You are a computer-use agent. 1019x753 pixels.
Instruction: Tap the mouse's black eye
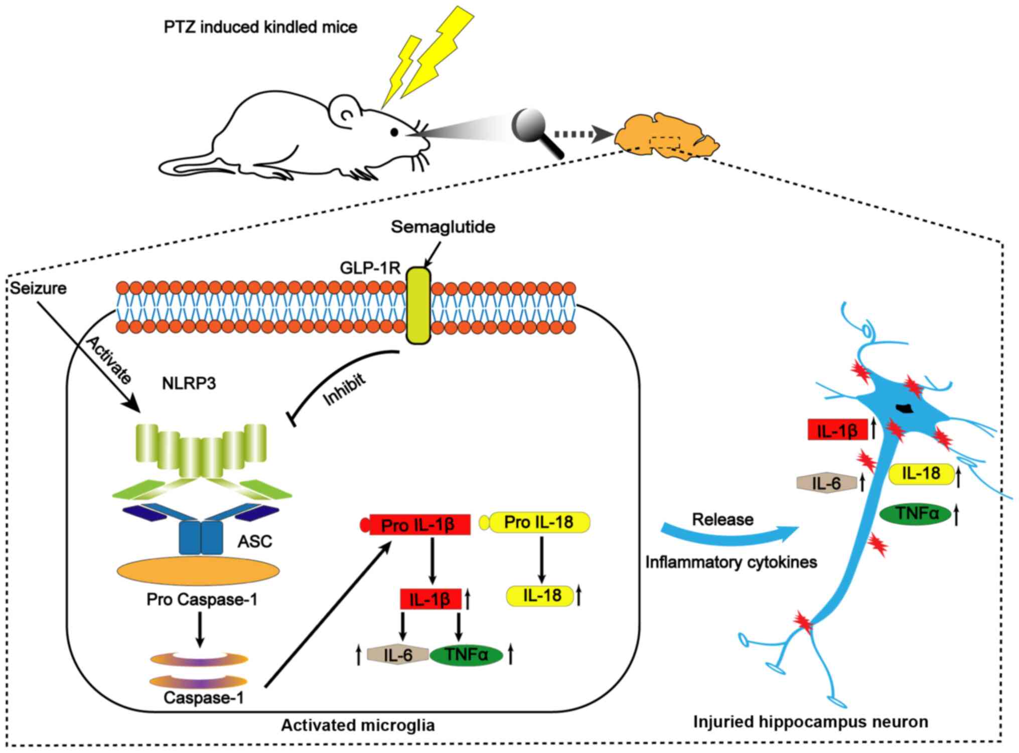pyautogui.click(x=395, y=132)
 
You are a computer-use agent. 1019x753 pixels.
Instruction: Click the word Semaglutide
pyautogui.click(x=443, y=227)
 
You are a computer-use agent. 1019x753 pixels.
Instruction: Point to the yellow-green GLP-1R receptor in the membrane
pyautogui.click(x=418, y=306)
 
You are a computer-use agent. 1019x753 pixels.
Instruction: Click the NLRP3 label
pyautogui.click(x=189, y=384)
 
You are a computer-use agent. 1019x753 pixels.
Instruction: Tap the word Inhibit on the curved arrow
pyautogui.click(x=344, y=390)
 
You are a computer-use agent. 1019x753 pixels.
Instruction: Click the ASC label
pyautogui.click(x=255, y=541)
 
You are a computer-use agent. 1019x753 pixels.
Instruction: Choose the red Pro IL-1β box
pyautogui.click(x=419, y=525)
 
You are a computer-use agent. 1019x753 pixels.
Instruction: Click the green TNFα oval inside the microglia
pyautogui.click(x=467, y=655)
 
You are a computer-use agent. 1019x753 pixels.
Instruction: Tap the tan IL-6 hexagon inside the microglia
pyautogui.click(x=398, y=655)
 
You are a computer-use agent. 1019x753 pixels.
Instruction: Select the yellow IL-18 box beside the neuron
pyautogui.click(x=921, y=474)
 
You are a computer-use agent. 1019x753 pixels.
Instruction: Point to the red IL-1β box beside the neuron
pyautogui.click(x=837, y=430)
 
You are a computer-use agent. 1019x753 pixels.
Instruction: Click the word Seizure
pyautogui.click(x=39, y=288)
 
